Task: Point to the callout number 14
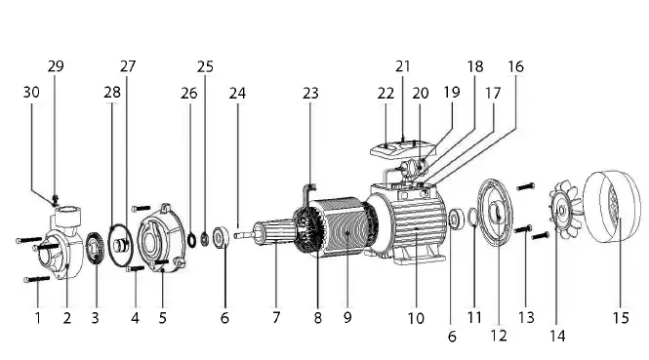557,335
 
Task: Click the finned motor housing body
415,229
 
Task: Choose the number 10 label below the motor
416,318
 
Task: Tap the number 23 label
310,95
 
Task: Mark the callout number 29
56,66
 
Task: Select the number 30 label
30,93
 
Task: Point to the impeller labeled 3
96,251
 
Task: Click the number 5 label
163,318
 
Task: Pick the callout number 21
403,66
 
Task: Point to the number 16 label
515,66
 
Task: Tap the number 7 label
276,318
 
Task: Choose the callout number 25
205,66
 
